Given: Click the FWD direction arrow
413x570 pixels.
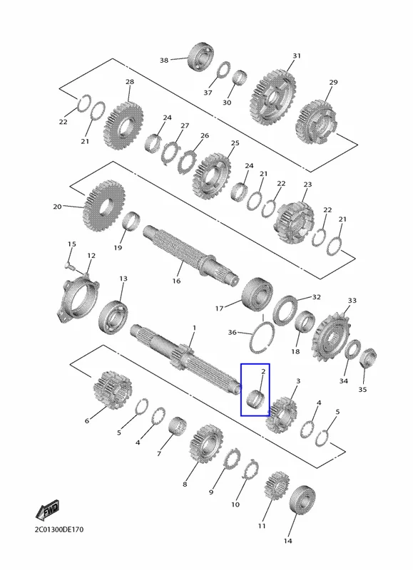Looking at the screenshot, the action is [47, 511].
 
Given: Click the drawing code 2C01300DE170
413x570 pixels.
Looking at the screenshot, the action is [59, 529].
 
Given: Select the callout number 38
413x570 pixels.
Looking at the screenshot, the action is [164, 61].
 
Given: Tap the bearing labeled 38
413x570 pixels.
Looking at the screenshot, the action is [200, 57].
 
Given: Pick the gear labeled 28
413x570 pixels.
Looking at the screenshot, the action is [123, 126].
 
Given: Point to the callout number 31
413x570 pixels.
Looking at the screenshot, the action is [297, 56].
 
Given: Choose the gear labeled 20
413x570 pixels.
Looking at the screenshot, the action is [104, 206].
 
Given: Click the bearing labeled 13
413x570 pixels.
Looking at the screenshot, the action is [113, 317].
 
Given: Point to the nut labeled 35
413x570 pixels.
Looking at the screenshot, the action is [368, 358].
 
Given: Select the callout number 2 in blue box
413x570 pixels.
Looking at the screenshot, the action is [263, 371].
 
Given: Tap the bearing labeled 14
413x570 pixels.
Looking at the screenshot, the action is [302, 500].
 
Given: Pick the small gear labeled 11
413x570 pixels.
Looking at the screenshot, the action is [277, 487].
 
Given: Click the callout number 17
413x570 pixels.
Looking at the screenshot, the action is [219, 309].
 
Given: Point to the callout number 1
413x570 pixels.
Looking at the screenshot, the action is [194, 328].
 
